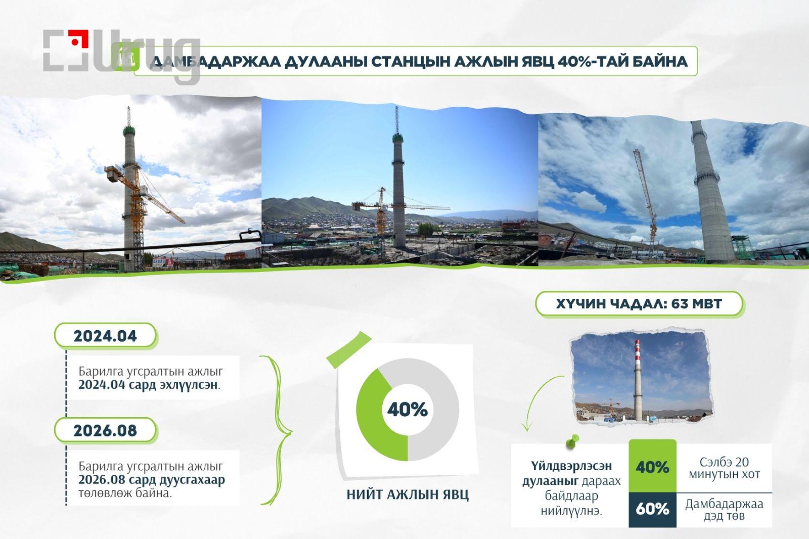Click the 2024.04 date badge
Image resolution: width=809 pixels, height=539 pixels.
pyautogui.click(x=106, y=336)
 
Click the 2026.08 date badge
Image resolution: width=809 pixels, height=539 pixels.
pyautogui.click(x=106, y=430)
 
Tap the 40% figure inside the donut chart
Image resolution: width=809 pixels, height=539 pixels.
pyautogui.click(x=408, y=410)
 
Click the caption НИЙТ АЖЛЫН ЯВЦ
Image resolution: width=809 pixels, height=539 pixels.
pyautogui.click(x=408, y=495)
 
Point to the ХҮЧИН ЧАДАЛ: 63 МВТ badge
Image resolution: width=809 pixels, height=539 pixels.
pyautogui.click(x=639, y=304)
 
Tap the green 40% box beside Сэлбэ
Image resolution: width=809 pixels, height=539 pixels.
pyautogui.click(x=652, y=466)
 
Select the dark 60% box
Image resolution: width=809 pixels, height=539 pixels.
pyautogui.click(x=652, y=510)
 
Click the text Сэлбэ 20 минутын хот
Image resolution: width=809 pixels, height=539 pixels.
pyautogui.click(x=724, y=468)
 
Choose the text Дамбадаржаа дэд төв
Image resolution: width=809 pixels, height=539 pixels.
pyautogui.click(x=724, y=509)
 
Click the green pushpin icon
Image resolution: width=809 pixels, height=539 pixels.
pyautogui.click(x=572, y=441)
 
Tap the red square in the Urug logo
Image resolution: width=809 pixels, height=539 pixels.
pyautogui.click(x=78, y=38)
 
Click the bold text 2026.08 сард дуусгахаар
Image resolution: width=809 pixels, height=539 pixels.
pyautogui.click(x=152, y=480)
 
